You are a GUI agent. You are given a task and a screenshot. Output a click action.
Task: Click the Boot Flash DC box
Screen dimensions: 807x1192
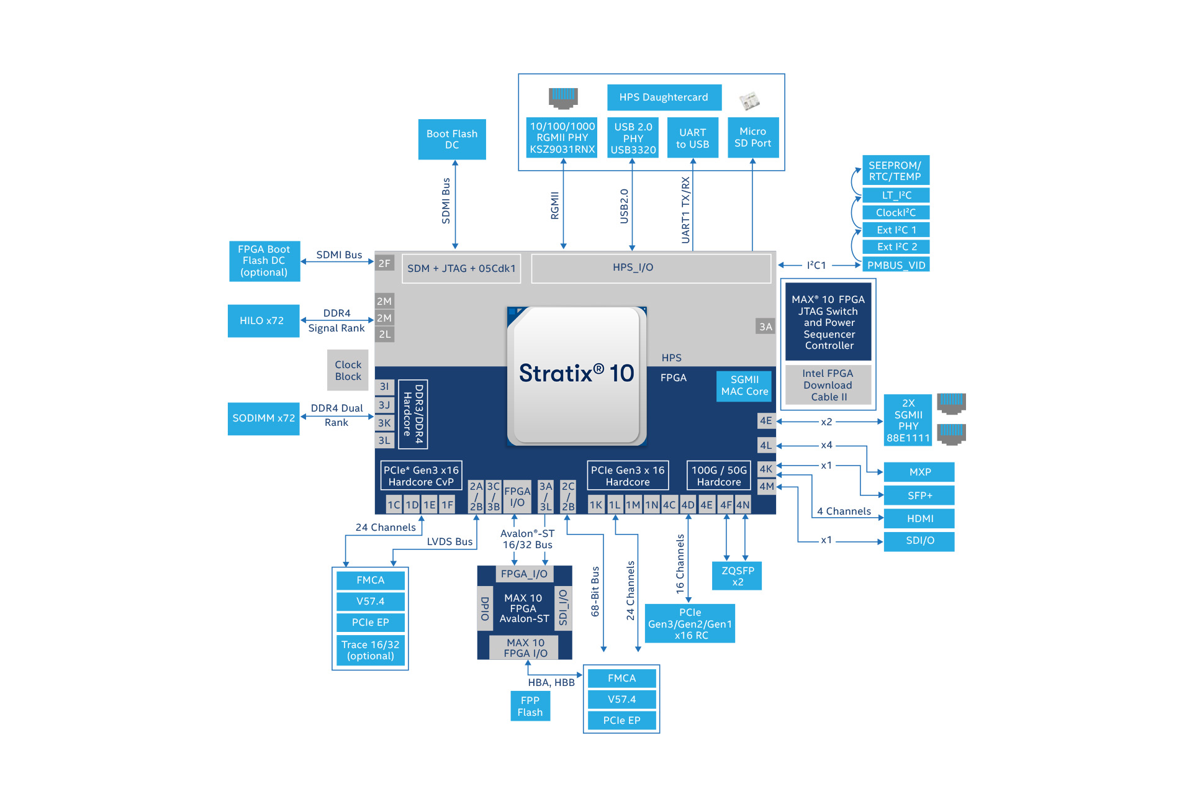click(452, 140)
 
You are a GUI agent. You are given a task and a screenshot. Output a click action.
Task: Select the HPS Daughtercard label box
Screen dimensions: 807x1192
click(664, 97)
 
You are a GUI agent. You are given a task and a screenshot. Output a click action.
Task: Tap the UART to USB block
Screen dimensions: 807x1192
click(692, 138)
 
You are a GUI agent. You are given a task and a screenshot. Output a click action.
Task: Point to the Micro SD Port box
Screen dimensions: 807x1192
click(752, 138)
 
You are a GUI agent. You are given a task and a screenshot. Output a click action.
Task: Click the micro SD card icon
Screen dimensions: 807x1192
click(749, 101)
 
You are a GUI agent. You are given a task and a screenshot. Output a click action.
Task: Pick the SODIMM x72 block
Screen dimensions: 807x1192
click(263, 418)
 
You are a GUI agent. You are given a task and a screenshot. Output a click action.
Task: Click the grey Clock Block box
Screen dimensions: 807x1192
click(348, 371)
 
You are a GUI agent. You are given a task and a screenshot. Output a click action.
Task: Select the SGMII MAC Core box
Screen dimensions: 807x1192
click(744, 386)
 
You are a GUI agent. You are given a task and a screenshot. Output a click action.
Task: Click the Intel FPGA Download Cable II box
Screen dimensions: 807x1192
click(828, 385)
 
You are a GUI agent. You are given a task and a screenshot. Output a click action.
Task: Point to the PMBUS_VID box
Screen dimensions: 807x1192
click(896, 266)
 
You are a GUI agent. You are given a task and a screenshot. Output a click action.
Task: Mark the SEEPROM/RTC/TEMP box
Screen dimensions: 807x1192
click(895, 171)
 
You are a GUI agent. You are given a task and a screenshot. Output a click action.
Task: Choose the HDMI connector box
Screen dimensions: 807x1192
click(919, 519)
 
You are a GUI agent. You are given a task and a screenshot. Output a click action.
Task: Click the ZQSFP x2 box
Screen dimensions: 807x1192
click(737, 576)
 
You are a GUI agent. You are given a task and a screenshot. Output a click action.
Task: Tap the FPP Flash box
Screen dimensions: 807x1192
click(530, 706)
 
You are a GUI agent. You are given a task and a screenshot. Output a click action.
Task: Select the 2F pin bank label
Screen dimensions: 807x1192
click(384, 263)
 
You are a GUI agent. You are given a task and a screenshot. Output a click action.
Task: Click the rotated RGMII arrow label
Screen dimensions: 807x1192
click(555, 205)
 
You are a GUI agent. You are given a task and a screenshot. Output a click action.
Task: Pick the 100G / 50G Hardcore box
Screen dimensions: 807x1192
click(719, 476)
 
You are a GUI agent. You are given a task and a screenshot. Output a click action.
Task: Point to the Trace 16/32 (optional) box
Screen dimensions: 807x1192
click(371, 651)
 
